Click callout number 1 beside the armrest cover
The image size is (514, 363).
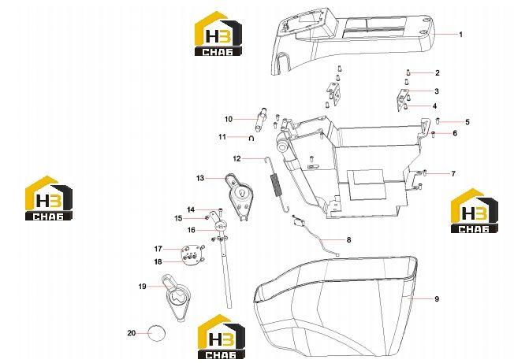461,35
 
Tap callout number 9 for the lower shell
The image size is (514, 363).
437,299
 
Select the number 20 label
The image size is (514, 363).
132,333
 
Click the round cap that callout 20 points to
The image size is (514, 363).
157,333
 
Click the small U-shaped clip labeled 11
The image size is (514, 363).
251,139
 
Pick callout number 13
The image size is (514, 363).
200,178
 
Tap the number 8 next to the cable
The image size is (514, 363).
348,240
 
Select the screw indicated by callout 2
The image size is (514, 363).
408,72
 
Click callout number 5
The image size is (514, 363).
467,122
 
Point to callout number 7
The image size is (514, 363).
453,173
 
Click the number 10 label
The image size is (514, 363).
229,119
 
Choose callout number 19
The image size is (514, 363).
142,287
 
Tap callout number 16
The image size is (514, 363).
191,230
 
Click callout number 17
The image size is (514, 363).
158,249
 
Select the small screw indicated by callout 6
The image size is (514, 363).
433,133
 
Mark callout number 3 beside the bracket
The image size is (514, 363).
436,91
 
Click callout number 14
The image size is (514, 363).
191,209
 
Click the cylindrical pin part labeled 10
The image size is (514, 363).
261,120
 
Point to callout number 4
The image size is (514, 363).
434,106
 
